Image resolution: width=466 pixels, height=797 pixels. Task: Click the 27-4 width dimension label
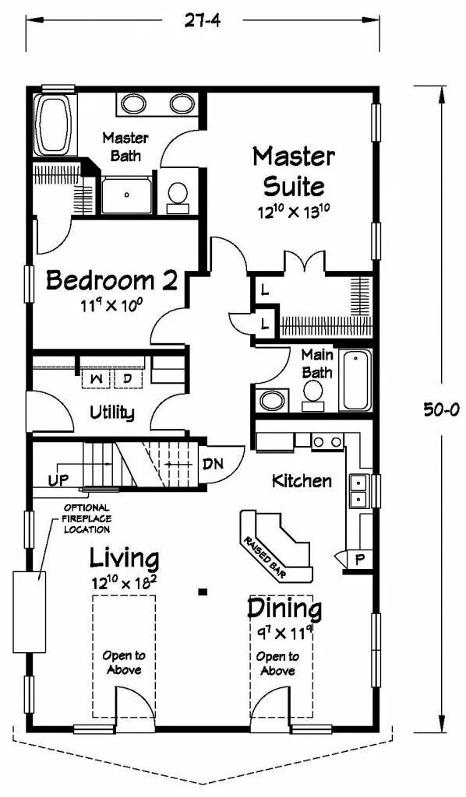coord(203,21)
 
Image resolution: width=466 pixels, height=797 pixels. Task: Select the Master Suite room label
coord(294,172)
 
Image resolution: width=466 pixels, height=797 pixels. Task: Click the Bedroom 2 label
coord(112,280)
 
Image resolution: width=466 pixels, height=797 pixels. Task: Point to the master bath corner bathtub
coord(54,125)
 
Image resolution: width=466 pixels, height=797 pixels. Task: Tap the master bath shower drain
coord(127,194)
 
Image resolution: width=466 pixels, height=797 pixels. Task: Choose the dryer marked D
coord(128,379)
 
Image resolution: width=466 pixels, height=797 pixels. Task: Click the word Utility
coord(112,413)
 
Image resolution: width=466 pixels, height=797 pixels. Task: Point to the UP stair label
coord(59,479)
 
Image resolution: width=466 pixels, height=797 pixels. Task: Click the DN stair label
coord(212,464)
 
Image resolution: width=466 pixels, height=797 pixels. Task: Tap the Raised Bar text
coord(264,557)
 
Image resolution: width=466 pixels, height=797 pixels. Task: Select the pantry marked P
coord(360,560)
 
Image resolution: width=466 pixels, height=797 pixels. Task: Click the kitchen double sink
coord(360,491)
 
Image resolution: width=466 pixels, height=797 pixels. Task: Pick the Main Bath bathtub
coord(357,380)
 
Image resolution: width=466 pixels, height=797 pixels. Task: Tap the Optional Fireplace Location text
coord(86,518)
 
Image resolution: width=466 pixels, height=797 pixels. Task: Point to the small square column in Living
coord(203,592)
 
